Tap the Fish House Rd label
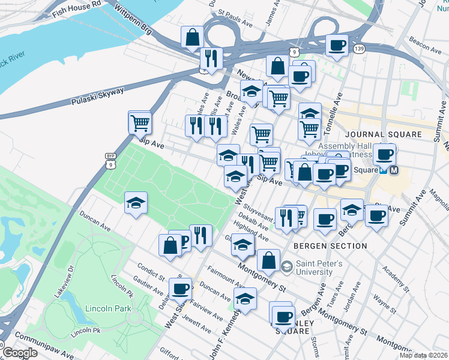pos(77,7)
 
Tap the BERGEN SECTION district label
pos(330,246)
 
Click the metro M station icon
pos(394,170)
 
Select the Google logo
pos(20,353)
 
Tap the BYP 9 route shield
pos(110,159)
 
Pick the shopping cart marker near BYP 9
pos(140,123)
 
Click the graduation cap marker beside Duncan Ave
pos(136,203)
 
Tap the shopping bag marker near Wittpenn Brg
pos(193,37)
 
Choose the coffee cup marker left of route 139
pos(337,46)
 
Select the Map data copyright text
pos(423,355)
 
